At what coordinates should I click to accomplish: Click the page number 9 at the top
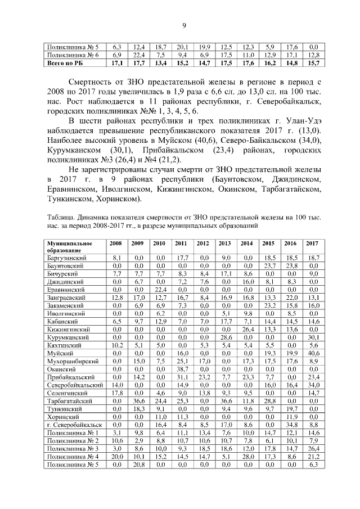click(x=183, y=24)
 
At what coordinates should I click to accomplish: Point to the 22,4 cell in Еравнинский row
click(x=160, y=289)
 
